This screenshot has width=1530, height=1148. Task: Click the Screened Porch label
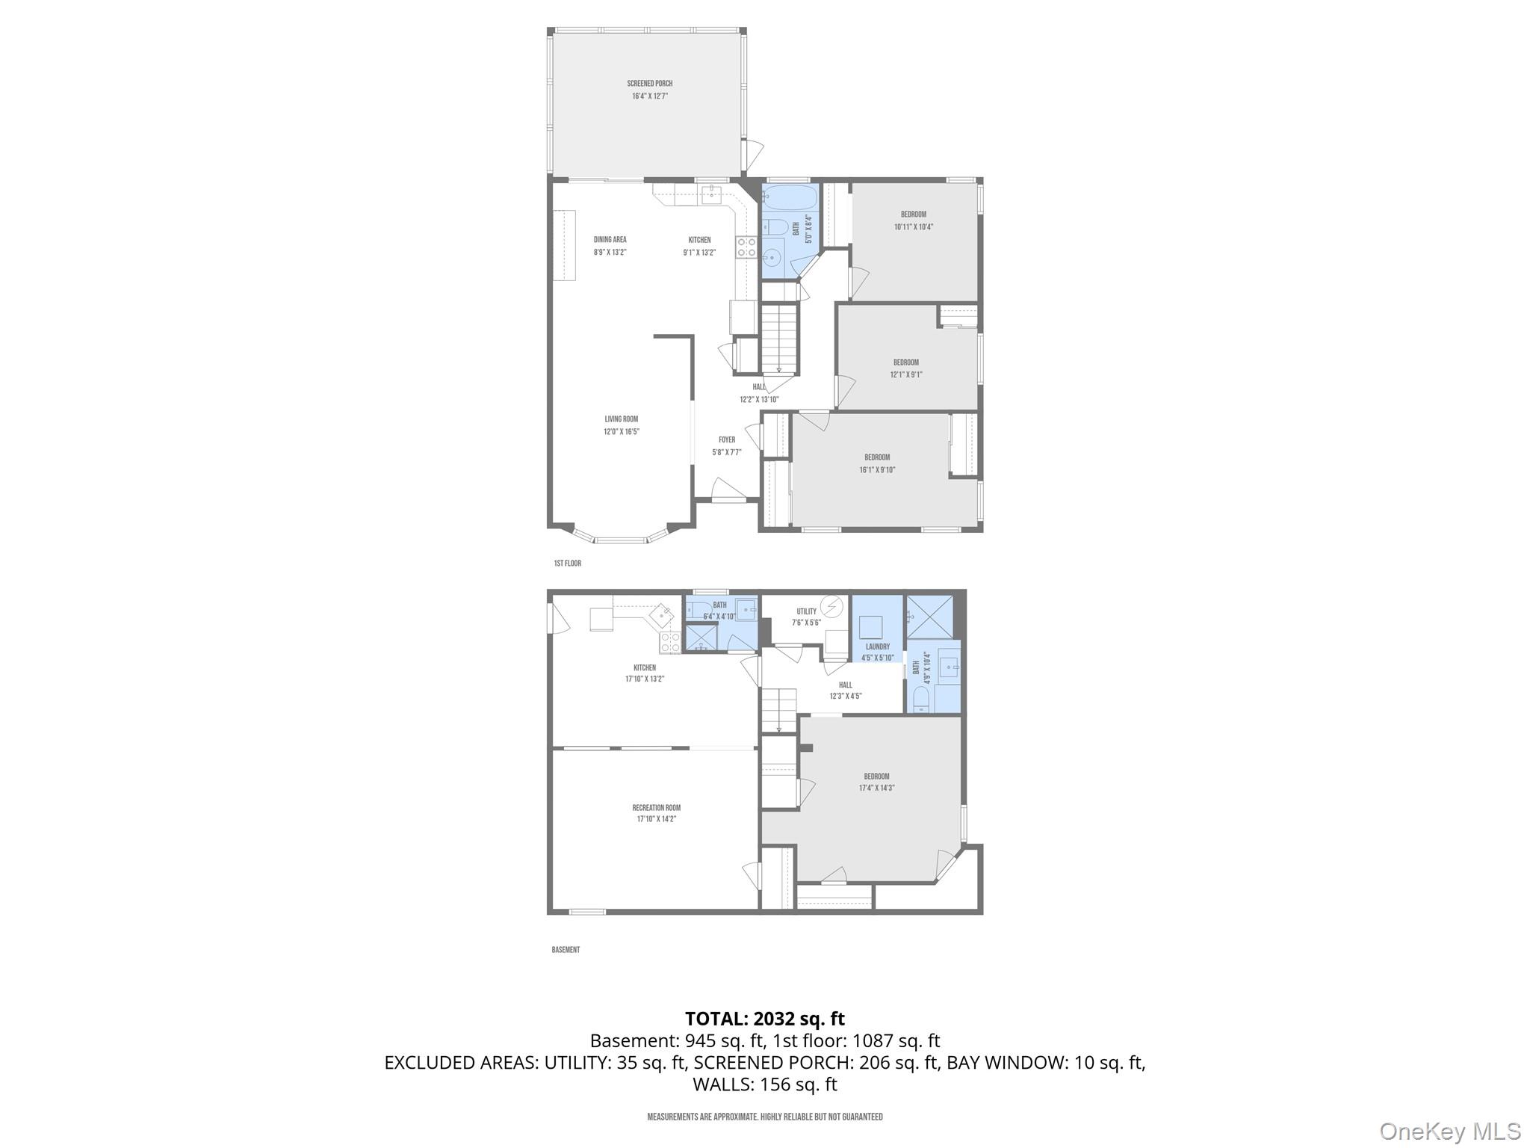649,84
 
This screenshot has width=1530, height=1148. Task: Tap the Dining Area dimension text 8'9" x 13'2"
610,253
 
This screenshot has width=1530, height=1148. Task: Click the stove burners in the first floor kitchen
746,247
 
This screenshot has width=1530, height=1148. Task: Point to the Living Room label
622,419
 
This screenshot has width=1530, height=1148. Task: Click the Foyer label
727,440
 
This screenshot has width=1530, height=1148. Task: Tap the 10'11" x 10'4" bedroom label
913,220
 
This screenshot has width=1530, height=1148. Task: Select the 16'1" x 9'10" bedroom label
877,463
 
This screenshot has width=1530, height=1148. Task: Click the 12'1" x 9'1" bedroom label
905,368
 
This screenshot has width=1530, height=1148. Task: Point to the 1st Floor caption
567,564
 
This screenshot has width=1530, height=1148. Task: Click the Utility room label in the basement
806,611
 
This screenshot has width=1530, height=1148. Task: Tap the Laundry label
877,646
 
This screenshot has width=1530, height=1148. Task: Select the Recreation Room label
656,808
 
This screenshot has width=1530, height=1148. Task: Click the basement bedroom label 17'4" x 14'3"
876,782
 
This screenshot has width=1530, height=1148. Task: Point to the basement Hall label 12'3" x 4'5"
845,690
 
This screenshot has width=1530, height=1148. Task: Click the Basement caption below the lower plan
566,950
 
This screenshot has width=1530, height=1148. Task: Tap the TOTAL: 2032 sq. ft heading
764,1019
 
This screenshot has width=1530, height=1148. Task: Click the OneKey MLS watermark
1449,1131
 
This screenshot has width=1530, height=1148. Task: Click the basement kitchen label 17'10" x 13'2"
644,673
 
